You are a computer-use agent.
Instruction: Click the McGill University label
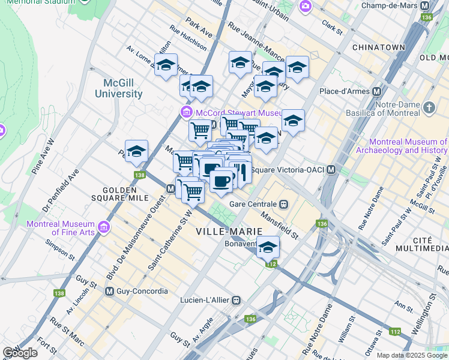(119, 88)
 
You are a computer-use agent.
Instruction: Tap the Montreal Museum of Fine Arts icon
(104, 227)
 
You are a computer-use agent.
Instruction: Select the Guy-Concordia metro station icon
(110, 291)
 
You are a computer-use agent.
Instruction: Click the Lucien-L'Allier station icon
(237, 299)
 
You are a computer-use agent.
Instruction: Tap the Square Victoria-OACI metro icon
(331, 170)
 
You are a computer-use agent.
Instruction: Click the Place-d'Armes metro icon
(377, 91)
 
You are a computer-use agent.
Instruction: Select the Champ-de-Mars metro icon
(426, 5)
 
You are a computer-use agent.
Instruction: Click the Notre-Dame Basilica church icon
(429, 107)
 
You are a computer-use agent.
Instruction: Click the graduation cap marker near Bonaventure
(268, 247)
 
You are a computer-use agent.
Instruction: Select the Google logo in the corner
(20, 353)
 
